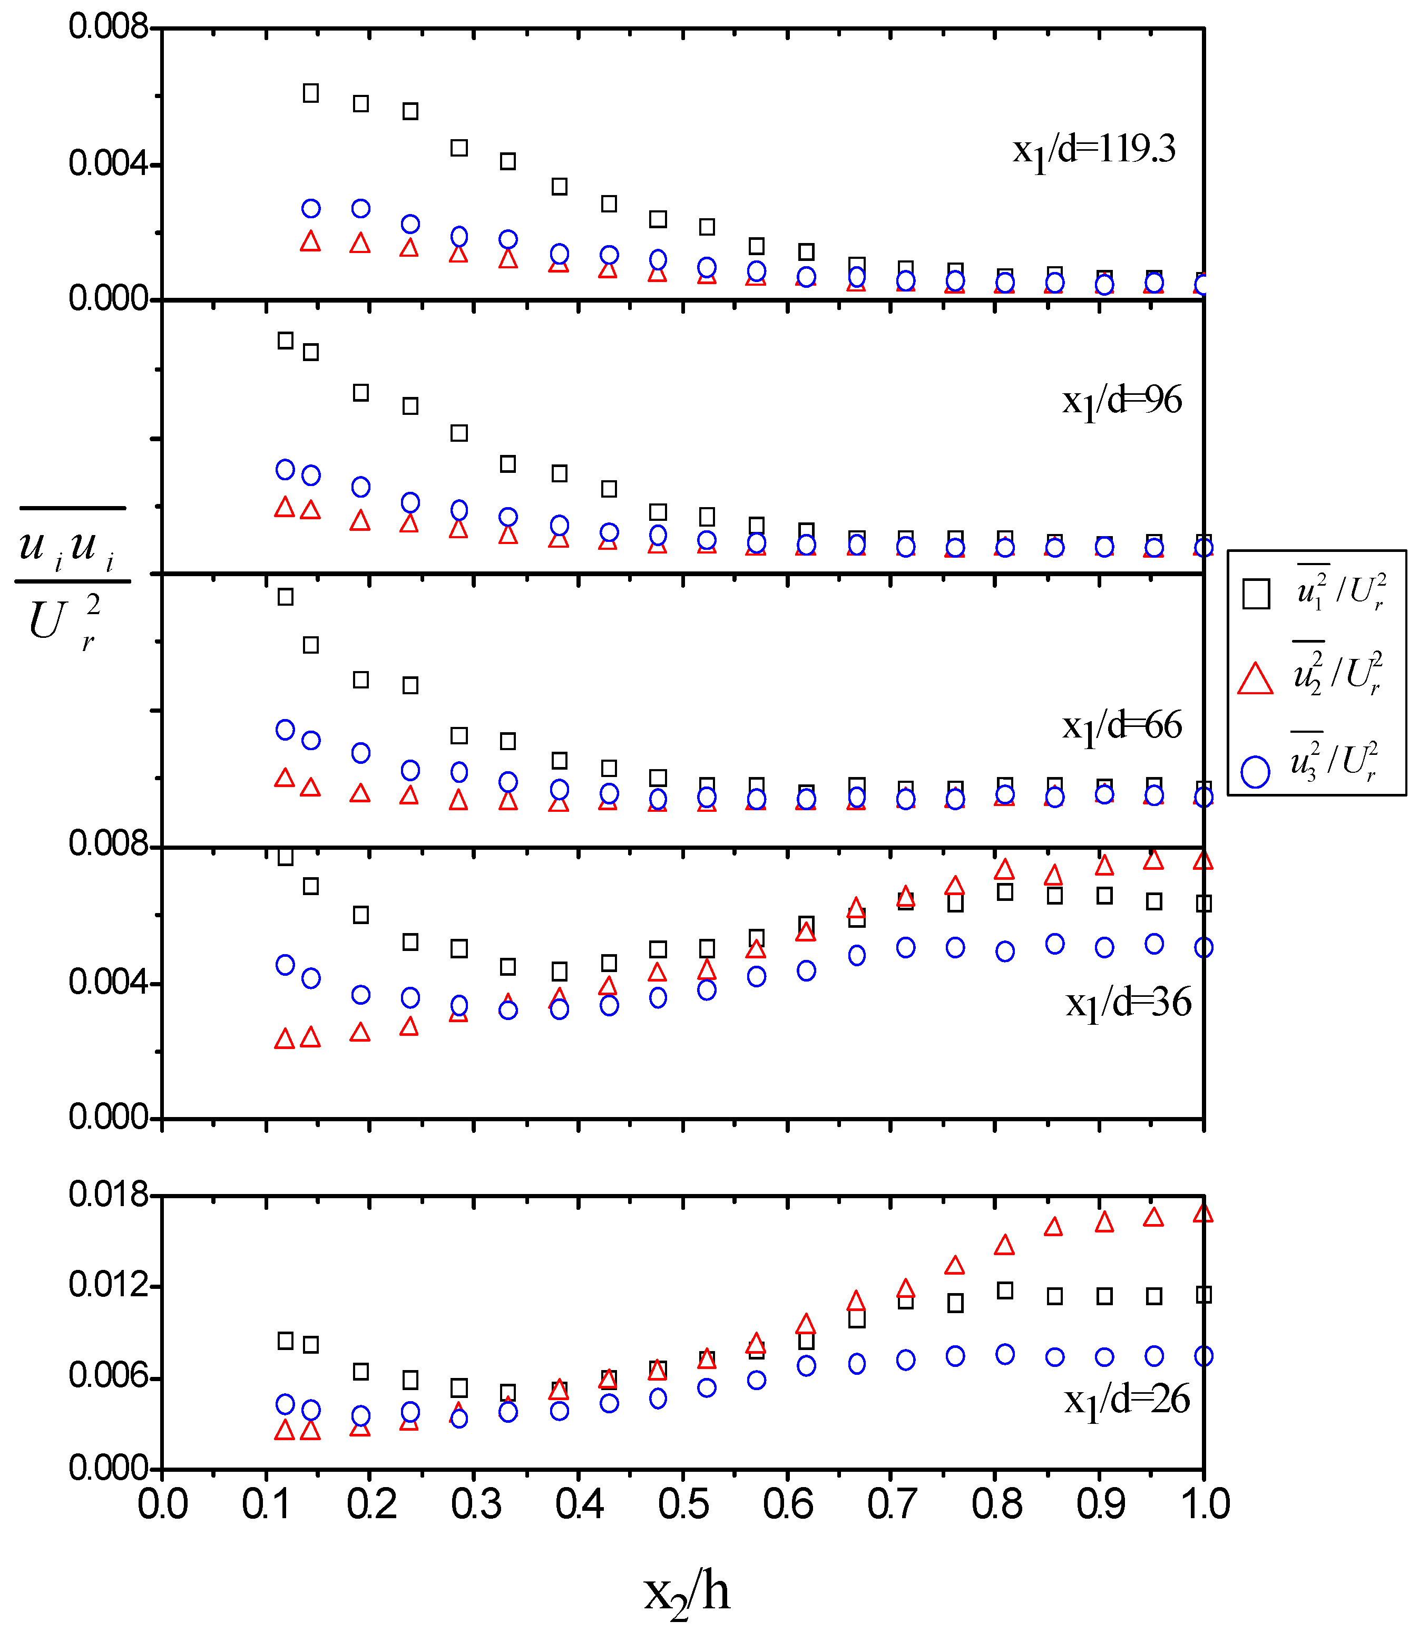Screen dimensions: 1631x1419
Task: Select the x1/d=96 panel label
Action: coord(1121,401)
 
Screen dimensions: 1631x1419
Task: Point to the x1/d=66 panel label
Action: coord(1121,725)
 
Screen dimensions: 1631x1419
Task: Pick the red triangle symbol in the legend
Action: coord(1255,679)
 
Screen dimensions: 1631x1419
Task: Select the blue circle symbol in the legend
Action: coord(1255,771)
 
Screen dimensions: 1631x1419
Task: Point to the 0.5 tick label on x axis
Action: coord(683,1503)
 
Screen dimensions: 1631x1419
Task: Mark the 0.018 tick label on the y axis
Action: coord(109,1194)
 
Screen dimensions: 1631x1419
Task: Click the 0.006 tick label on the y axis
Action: coord(109,1375)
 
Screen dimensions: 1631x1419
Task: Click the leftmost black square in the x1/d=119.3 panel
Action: coord(311,93)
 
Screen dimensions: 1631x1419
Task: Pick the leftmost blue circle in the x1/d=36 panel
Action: coord(285,965)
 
